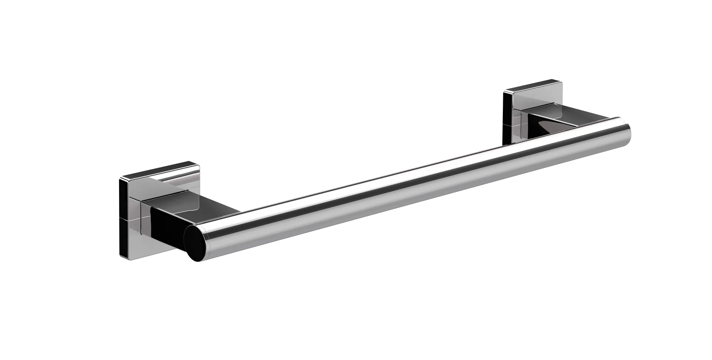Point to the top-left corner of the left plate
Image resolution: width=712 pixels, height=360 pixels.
tap(120, 179)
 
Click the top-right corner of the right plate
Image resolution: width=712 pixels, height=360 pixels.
tap(561, 80)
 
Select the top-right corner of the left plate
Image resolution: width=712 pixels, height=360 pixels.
tap(198, 163)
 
